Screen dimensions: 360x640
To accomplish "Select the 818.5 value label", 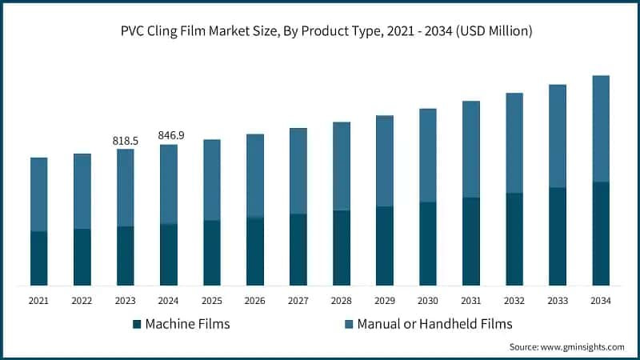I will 126,141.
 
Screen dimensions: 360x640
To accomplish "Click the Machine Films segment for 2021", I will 39,258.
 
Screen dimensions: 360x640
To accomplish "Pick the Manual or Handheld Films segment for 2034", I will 601,129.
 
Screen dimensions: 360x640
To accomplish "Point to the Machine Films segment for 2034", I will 601,234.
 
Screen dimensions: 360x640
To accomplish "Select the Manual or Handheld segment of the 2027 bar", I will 298,170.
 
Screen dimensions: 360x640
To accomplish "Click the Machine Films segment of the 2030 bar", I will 428,243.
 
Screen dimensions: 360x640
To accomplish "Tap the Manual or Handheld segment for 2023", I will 126,187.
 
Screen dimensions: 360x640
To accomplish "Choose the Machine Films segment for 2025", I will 212,253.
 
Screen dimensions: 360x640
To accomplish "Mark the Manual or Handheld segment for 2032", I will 514,142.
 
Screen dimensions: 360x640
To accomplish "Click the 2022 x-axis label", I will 82,301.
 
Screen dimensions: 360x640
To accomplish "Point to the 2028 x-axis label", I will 342,301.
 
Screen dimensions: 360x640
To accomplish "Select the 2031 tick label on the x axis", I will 471,301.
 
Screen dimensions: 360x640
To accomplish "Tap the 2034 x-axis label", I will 601,301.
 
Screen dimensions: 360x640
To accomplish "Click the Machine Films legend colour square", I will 137,324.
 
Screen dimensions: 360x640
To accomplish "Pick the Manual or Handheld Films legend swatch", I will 348,324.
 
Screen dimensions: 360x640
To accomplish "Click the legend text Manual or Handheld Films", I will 434,324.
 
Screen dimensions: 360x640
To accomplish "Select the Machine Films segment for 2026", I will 255,251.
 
